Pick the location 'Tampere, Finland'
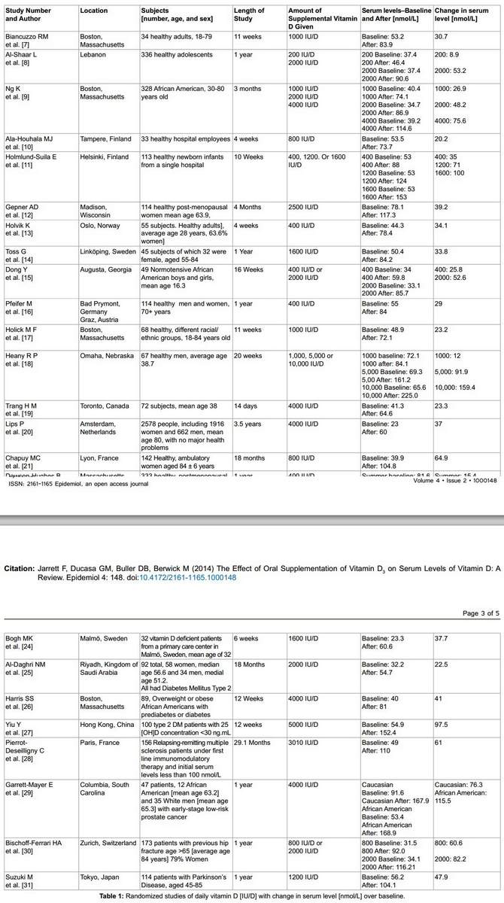105,139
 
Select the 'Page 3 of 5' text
478,614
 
